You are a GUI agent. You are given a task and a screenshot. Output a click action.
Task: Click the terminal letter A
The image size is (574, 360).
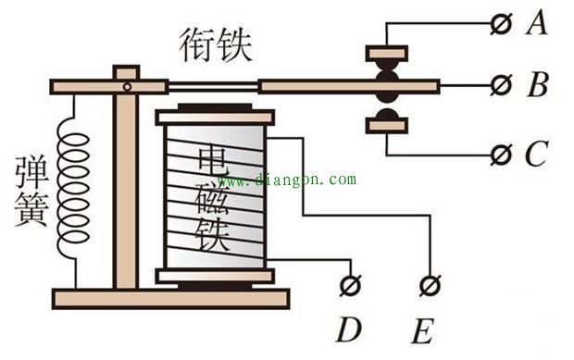[534, 23]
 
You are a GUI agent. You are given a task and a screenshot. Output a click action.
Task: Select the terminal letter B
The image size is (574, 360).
[536, 87]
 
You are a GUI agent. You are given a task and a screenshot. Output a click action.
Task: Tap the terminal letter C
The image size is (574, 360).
[535, 154]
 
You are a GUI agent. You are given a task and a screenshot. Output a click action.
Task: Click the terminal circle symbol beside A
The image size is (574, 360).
[503, 24]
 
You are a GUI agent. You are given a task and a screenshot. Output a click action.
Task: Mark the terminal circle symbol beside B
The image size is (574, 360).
[503, 87]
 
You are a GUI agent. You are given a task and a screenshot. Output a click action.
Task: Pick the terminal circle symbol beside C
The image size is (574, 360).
[503, 153]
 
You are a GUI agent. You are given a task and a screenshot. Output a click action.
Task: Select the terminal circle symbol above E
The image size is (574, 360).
[428, 285]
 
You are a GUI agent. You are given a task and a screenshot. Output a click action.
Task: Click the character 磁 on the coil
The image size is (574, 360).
[214, 192]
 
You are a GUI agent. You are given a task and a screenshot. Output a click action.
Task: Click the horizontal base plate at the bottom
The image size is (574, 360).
[170, 297]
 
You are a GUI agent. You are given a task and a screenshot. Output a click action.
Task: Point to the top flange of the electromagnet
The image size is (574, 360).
[215, 118]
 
